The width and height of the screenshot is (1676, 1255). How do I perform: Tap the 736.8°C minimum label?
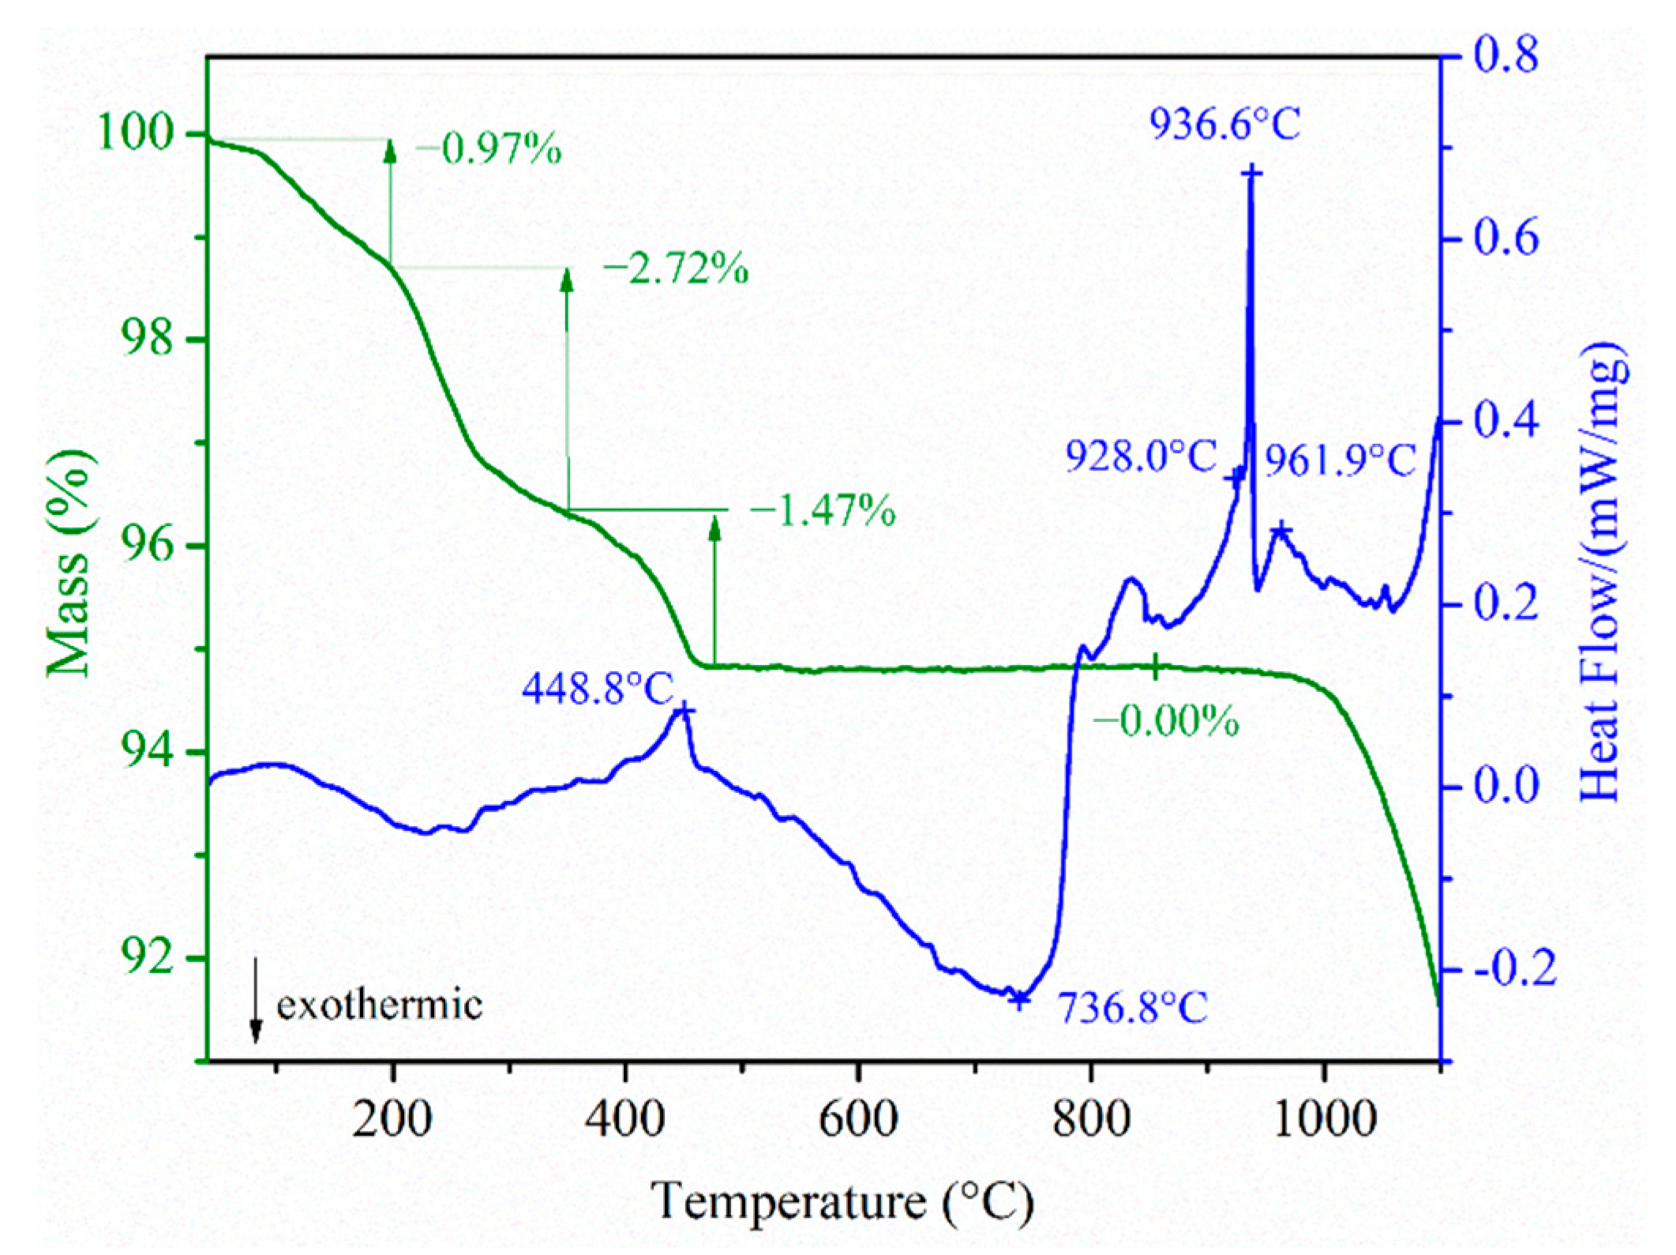point(1132,1007)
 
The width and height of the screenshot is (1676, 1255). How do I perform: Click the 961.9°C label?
point(1341,461)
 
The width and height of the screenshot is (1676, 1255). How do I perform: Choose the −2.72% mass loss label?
point(676,270)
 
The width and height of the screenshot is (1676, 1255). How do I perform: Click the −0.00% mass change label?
point(1165,720)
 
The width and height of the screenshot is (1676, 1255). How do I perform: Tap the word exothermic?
point(380,1005)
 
